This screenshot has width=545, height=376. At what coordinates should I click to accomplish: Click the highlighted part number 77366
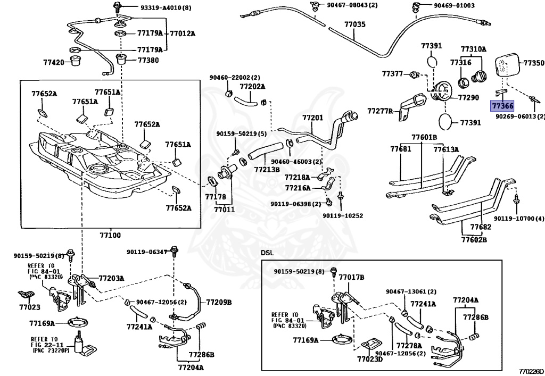click(502, 106)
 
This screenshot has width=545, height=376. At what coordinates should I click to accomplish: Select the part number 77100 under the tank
click(110, 235)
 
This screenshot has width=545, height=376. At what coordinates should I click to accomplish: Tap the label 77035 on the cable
click(354, 24)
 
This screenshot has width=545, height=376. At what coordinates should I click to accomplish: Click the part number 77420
click(54, 62)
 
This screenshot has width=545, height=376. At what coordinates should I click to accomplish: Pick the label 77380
click(148, 60)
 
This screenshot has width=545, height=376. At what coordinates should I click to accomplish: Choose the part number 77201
click(312, 117)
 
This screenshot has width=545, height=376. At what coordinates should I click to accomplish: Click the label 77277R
click(379, 111)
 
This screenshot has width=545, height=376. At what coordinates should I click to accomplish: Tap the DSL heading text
click(267, 252)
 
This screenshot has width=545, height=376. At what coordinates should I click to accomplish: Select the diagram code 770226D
click(532, 370)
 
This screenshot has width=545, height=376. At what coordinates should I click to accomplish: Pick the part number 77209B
click(219, 302)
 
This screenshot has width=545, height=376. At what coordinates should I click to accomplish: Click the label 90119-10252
click(343, 215)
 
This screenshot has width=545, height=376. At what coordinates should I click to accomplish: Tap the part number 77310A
click(473, 49)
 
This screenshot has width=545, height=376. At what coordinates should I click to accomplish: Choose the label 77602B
click(473, 239)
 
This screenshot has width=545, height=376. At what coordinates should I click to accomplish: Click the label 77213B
click(267, 170)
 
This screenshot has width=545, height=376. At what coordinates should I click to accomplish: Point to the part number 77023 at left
click(30, 307)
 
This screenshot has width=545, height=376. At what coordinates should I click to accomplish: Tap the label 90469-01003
click(453, 5)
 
